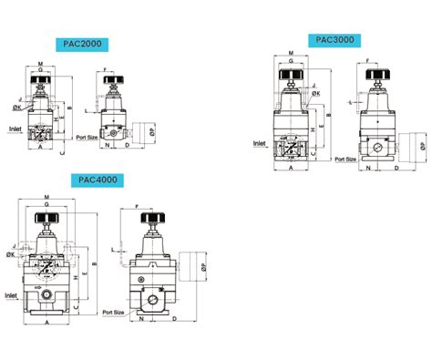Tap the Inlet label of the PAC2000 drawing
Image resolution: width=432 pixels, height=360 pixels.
pos(15,129)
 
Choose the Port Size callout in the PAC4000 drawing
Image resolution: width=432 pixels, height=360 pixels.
pos(114,312)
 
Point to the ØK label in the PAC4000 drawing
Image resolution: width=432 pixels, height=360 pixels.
pos(10,255)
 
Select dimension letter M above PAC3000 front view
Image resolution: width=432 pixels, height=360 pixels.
pos(290,54)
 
